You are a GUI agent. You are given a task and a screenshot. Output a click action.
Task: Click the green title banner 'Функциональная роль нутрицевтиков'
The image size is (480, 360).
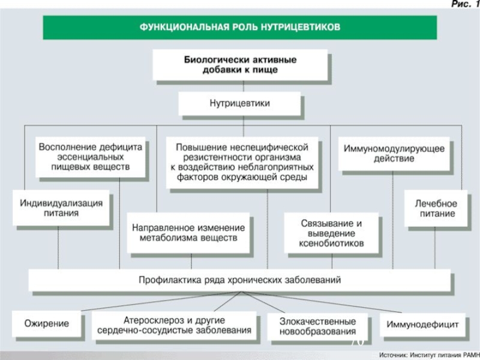(239, 28)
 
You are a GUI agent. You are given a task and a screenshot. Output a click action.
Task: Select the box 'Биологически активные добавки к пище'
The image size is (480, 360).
(241, 65)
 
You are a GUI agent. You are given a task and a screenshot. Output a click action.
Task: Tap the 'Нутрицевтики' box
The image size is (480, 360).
(239, 103)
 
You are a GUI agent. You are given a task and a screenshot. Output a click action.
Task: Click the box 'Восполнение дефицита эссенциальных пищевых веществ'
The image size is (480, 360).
(91, 157)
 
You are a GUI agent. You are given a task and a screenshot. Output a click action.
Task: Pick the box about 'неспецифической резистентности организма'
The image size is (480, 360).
(242, 163)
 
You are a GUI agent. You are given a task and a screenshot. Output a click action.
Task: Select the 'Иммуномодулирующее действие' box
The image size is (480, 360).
(394, 154)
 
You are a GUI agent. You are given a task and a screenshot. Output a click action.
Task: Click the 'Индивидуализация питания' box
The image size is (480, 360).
(61, 208)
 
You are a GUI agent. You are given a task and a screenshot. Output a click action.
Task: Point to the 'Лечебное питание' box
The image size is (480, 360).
(436, 208)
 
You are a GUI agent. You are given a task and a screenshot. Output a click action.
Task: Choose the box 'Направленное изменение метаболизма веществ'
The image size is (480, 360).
(188, 233)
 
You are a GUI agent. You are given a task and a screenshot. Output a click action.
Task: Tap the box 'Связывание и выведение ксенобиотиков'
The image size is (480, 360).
(332, 233)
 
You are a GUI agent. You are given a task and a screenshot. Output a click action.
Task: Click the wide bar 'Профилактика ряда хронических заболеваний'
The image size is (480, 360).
(239, 280)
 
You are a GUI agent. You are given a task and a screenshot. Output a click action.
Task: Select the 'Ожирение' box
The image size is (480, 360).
(47, 324)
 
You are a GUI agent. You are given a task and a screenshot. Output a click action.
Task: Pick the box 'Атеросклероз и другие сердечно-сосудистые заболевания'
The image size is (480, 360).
(174, 325)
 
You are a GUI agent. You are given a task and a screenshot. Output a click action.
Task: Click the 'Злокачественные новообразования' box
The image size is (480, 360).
(318, 326)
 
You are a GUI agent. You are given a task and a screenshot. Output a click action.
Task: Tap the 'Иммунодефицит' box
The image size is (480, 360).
(422, 325)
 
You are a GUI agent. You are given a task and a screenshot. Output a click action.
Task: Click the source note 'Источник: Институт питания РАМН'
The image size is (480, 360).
(429, 355)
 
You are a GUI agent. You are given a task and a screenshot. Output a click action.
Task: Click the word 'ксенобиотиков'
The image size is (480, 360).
(332, 244)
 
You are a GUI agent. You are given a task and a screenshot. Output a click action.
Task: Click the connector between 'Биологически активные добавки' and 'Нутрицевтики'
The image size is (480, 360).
(244, 86)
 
